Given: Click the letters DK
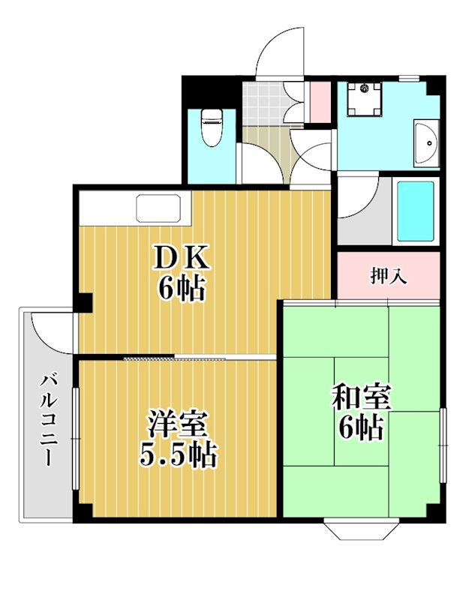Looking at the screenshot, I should click(181, 258).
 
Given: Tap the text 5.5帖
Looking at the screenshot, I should click(179, 454).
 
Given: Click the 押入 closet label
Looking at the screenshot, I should click(389, 275).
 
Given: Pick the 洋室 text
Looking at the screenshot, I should click(178, 424).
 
